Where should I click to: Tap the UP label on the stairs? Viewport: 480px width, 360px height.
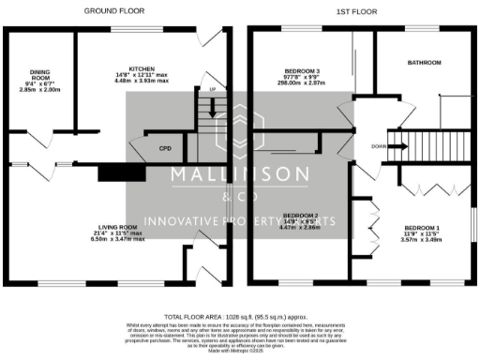212,90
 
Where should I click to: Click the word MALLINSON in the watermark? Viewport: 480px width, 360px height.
239,174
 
